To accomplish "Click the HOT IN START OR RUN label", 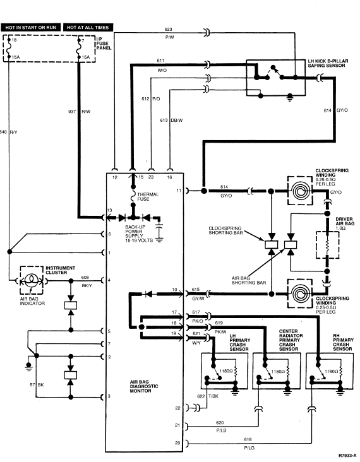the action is pos(31,27).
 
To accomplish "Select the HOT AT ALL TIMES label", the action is pos(88,27).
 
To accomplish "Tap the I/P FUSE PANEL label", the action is pos(104,44).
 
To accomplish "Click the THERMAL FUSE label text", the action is pos(148,196).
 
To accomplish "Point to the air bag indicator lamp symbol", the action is pos(31,280).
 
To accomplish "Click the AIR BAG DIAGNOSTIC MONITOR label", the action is pos(144,386).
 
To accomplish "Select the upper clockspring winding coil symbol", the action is pos(300,191).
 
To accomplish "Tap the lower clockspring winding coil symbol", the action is pos(300,293).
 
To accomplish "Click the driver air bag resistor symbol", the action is pos(327,245).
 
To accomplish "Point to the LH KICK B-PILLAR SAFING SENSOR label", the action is pos(328,63).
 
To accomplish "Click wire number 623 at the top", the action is pos(169,29).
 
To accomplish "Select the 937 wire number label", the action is pos(72,111).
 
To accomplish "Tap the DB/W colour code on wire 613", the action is pos(177,120).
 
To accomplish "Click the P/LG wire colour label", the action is pos(249,448).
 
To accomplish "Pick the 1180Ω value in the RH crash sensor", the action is pos(332,372).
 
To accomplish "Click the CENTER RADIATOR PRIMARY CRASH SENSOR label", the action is pos(291,340).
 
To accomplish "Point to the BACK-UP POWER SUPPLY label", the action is pos(139,234).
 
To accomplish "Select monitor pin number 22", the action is pos(177,408).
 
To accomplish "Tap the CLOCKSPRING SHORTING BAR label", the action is pos(225,230).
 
